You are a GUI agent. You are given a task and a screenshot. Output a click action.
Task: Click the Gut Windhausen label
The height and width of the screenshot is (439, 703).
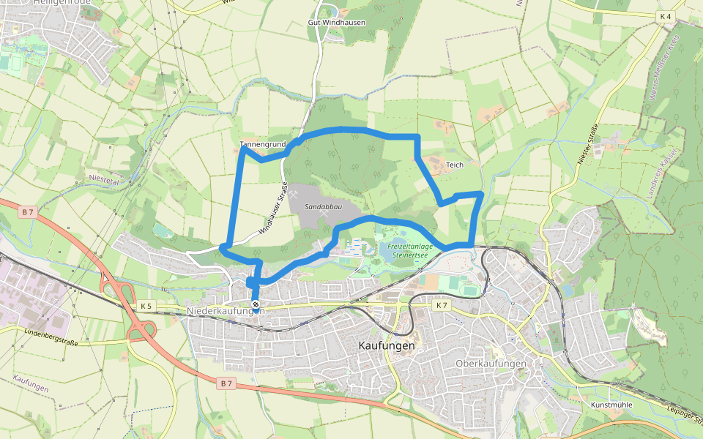pyautogui.click(x=336, y=23)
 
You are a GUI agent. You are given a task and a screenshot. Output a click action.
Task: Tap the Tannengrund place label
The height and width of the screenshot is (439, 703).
pyautogui.click(x=262, y=144)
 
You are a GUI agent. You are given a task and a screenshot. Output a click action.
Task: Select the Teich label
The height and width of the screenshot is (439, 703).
pyautogui.click(x=455, y=165)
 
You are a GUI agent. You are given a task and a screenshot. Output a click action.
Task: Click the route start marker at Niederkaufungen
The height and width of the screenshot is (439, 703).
pyautogui.click(x=255, y=304)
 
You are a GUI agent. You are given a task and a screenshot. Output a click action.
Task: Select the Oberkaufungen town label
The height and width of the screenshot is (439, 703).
pyautogui.click(x=491, y=364)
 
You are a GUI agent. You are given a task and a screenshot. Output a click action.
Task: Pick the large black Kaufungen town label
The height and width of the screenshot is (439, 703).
pyautogui.click(x=387, y=345)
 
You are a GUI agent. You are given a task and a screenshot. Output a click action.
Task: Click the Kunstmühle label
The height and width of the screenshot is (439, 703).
pyautogui.click(x=611, y=404)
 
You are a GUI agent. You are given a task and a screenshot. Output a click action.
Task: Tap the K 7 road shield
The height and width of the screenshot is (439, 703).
pyautogui.click(x=441, y=304)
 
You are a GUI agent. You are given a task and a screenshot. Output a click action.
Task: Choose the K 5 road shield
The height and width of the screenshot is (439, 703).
pyautogui.click(x=146, y=305)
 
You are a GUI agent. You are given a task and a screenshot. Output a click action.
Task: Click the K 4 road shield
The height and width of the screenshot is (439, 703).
pyautogui.click(x=666, y=15)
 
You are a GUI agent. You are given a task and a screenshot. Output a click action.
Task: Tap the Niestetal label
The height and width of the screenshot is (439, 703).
pyautogui.click(x=103, y=178)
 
